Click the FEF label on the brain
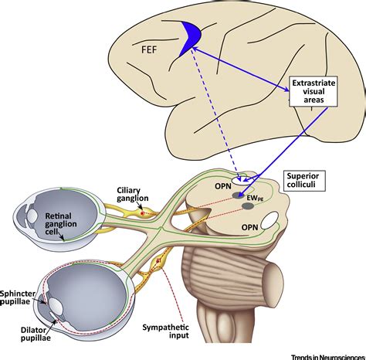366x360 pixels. [x=149, y=49]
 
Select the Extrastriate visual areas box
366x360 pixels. [x=313, y=91]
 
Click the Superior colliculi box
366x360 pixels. [x=304, y=181]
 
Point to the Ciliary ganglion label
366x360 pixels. [x=133, y=195]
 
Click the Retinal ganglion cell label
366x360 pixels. [x=61, y=223]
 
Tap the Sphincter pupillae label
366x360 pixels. [x=17, y=297]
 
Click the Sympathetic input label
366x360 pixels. [x=166, y=331]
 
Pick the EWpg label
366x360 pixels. [x=255, y=198]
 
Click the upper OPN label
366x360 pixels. [x=223, y=186]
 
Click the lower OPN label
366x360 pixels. [x=249, y=227]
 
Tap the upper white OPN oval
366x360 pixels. [x=242, y=180]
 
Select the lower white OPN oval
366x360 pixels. [x=269, y=221]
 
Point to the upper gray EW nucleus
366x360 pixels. [x=238, y=195]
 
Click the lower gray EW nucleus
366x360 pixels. [x=248, y=206]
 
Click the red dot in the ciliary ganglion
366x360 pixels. [x=142, y=213]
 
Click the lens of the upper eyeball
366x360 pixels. [x=32, y=216]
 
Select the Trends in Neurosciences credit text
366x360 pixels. [x=328, y=357]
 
